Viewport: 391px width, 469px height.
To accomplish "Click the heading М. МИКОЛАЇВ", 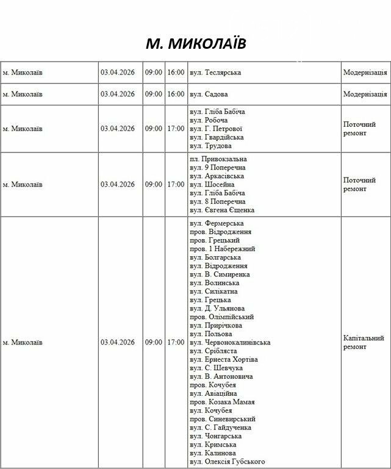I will tap(195, 44).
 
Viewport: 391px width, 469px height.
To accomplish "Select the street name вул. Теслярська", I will tap(215, 73).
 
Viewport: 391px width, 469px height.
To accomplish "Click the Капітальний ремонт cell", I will tap(364, 342).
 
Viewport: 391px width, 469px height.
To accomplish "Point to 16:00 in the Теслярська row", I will tap(176, 73).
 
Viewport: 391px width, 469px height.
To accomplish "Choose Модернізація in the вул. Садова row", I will tap(365, 95).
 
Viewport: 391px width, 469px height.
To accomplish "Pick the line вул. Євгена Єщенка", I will tap(222, 210).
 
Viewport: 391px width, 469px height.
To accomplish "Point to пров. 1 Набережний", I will tap(222, 249).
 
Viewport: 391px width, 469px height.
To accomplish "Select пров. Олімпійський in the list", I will tap(221, 317).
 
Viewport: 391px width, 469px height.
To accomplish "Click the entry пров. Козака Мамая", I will tap(222, 402).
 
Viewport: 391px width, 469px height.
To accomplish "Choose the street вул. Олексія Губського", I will tap(227, 462).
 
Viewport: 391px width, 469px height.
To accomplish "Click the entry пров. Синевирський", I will tap(222, 419).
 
